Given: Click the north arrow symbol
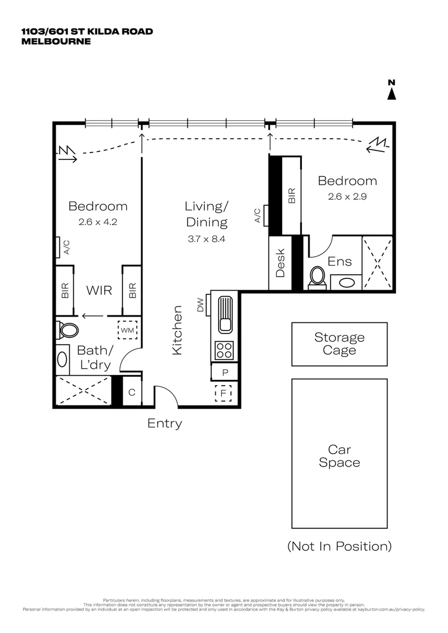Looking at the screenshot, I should [392, 91].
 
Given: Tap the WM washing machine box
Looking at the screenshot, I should [128, 331].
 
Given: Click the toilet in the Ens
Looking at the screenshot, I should [318, 276].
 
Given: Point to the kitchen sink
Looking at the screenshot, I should [225, 314].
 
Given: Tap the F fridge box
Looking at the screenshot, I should [223, 393].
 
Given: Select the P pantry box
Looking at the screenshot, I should [224, 372].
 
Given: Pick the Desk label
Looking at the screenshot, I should [280, 263].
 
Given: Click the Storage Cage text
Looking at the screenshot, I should [339, 344].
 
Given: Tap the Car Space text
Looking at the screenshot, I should [339, 456].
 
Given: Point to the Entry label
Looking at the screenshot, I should [164, 423].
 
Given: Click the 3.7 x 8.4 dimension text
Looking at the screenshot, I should [206, 239].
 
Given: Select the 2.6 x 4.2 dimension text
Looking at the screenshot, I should [97, 222].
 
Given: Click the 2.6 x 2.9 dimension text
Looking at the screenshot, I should [347, 197].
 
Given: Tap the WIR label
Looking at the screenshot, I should [99, 290].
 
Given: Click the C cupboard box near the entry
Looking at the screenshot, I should [132, 393].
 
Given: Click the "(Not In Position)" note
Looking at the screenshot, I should [339, 546].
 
